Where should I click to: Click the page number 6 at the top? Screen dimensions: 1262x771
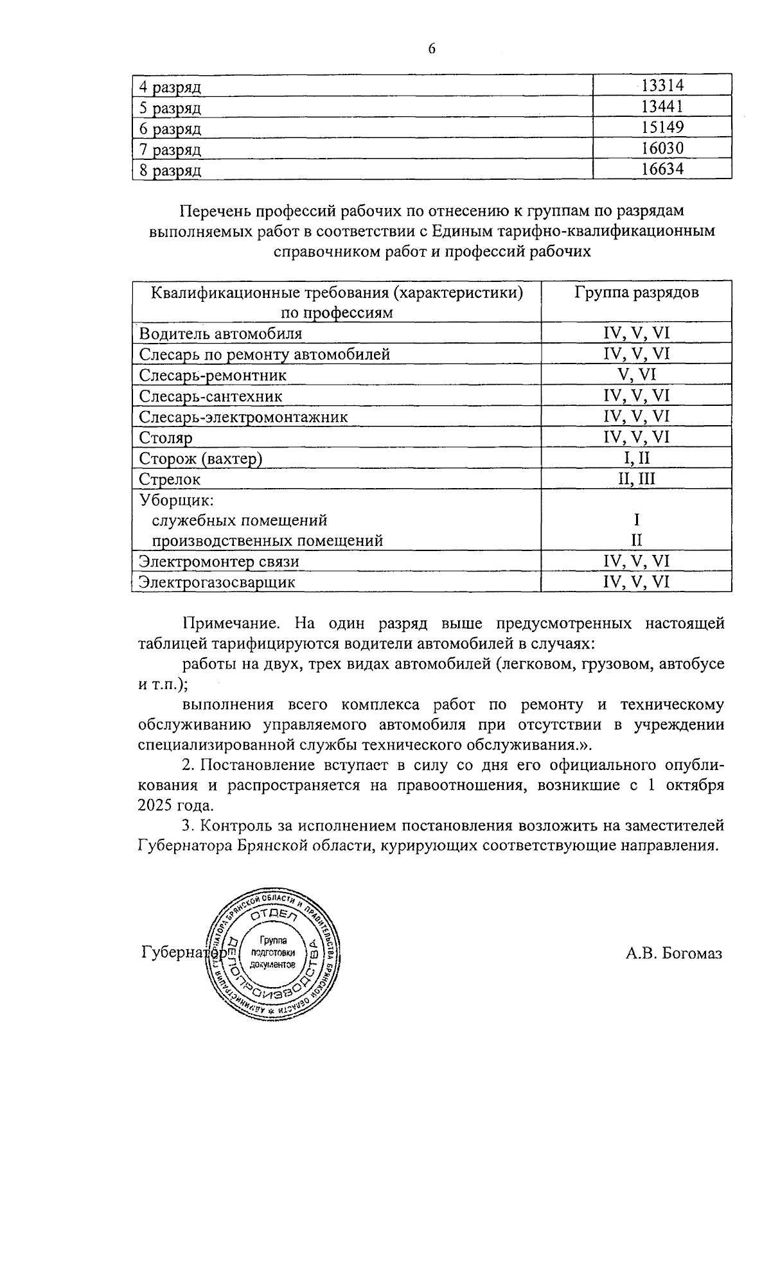click(x=431, y=49)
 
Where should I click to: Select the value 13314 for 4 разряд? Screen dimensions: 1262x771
click(x=662, y=85)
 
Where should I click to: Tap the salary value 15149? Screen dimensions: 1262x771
click(x=662, y=127)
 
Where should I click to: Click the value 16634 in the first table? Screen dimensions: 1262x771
click(x=662, y=169)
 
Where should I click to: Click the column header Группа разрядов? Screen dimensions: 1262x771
click(x=637, y=293)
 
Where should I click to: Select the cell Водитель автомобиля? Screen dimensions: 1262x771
click(x=220, y=334)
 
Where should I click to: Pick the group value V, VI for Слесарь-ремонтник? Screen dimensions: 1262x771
click(x=637, y=375)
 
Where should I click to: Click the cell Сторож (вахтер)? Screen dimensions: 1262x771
click(x=201, y=459)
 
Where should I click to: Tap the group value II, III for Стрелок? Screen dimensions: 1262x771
click(x=637, y=479)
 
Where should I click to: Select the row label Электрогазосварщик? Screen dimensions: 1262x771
click(x=217, y=583)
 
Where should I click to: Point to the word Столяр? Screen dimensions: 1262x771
click(x=166, y=438)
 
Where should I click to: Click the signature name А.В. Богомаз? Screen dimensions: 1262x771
click(x=674, y=953)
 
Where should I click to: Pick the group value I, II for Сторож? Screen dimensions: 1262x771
click(x=637, y=459)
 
